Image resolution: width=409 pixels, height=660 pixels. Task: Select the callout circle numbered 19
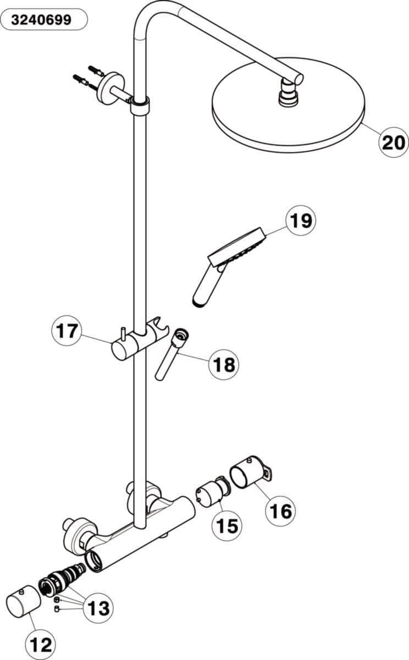301,220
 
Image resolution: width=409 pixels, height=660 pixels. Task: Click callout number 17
67,331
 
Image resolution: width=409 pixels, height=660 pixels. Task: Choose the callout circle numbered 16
280,510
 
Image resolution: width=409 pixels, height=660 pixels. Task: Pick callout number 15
227,526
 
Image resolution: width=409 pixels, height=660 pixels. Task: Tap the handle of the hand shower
208,286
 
